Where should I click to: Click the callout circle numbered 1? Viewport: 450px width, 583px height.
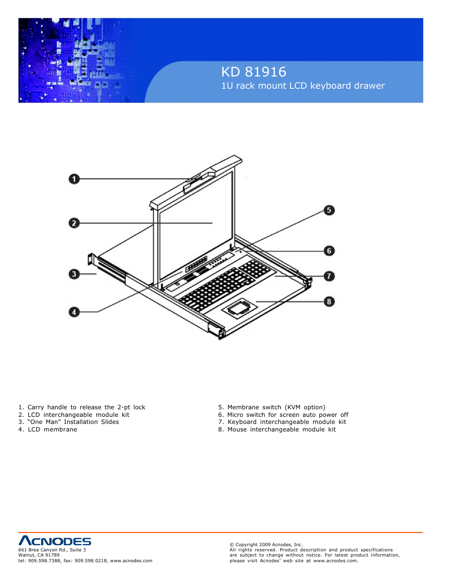coord(74,179)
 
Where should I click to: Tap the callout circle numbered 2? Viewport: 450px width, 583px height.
coord(74,223)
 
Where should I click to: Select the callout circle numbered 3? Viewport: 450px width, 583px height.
coord(74,274)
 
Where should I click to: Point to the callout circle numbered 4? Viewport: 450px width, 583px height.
coord(74,312)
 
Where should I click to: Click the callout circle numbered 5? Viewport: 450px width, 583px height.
coord(329,210)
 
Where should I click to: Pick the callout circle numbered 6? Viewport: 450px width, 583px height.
coord(329,251)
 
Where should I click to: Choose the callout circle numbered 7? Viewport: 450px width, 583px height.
coord(329,276)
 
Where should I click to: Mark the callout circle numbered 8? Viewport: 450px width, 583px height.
coord(329,301)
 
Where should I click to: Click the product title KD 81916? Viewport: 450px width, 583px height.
coord(254,72)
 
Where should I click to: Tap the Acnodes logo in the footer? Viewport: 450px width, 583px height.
coord(55,541)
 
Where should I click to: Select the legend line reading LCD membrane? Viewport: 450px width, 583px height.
coord(52,430)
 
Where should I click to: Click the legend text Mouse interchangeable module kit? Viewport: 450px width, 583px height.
coord(281,430)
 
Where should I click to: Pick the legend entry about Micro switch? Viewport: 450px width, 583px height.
coord(287,415)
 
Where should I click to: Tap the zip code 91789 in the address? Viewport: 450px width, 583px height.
coord(52,555)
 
